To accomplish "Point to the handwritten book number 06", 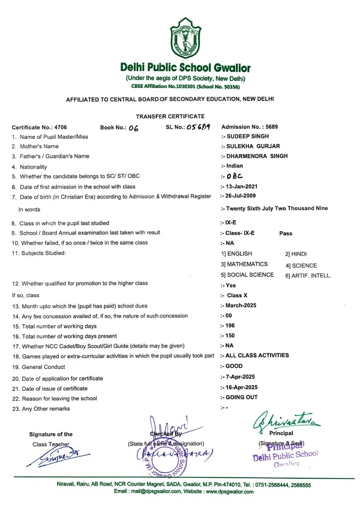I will point(133,127).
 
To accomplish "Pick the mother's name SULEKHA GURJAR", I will point(248,146).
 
